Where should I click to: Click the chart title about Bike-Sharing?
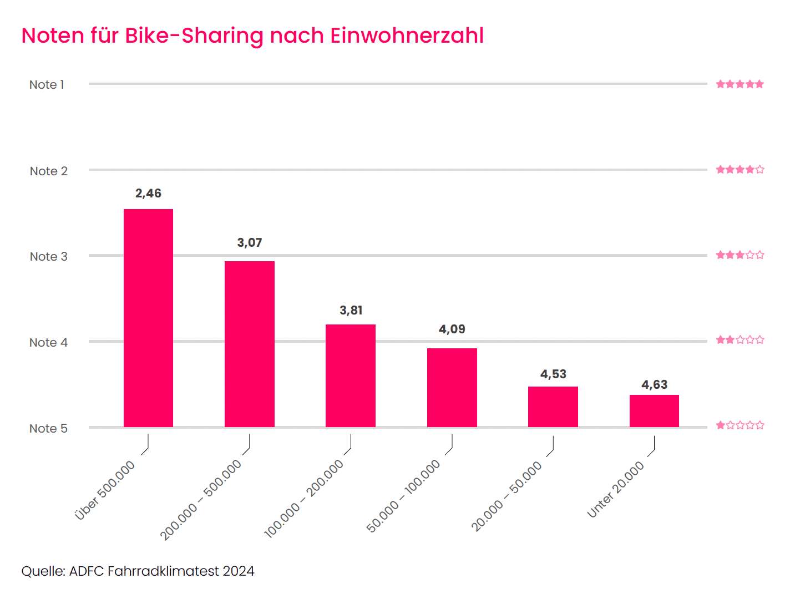[x=252, y=35]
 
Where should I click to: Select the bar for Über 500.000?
[x=148, y=318]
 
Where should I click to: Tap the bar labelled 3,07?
[x=250, y=344]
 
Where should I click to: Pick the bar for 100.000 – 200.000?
[x=351, y=375]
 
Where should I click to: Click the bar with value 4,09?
[x=452, y=388]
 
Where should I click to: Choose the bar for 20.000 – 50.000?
[x=553, y=407]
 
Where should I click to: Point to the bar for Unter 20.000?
[x=654, y=411]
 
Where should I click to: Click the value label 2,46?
[x=148, y=194]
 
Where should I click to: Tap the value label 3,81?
[x=351, y=311]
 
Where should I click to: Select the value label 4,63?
[x=655, y=385]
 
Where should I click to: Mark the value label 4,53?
[x=553, y=374]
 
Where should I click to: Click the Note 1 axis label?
[x=47, y=85]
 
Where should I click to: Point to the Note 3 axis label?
[x=49, y=257]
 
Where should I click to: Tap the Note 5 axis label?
[x=48, y=429]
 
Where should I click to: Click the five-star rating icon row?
[x=740, y=84]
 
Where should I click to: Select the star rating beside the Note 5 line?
[x=740, y=425]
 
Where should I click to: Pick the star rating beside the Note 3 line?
[x=740, y=255]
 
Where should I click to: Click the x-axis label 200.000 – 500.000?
[x=201, y=499]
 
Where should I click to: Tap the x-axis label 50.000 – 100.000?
[x=403, y=496]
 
